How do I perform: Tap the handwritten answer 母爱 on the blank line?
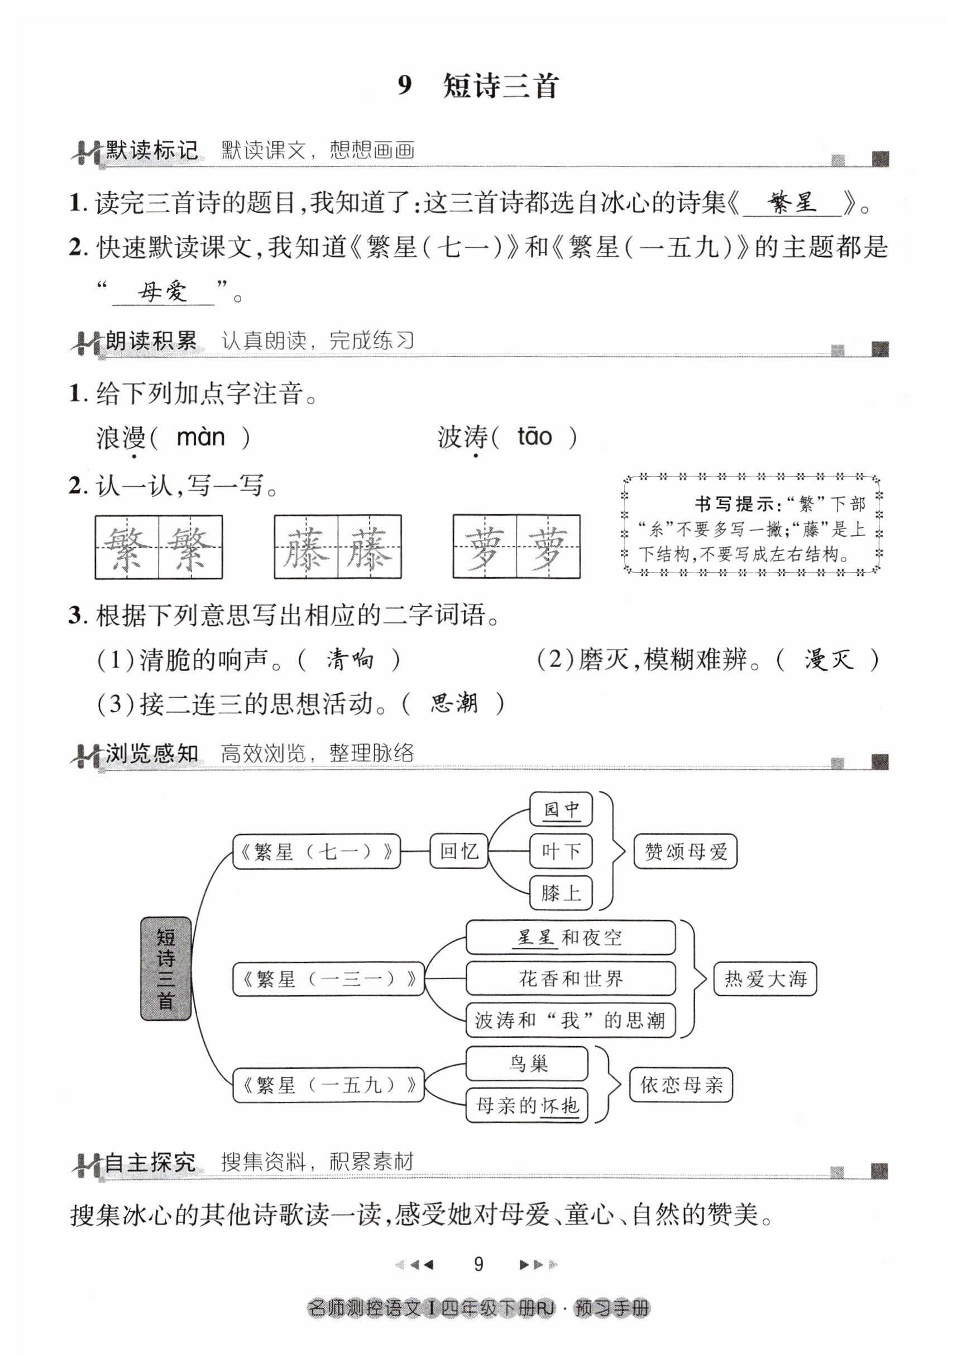coord(162,292)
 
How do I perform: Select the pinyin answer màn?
coord(201,438)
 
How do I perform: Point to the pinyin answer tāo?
coord(534,437)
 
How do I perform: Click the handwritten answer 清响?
coord(350,660)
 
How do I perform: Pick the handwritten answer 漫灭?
coord(829,660)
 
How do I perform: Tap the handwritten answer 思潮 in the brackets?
coord(454,703)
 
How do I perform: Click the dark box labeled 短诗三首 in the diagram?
coord(166,968)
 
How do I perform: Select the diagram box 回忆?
coord(459,851)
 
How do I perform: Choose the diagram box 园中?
coord(561,809)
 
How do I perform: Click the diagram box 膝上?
coord(561,893)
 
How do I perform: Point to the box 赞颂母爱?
coord(685,851)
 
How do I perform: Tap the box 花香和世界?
coord(571,978)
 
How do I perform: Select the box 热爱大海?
coord(765,978)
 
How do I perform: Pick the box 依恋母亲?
coord(681,1085)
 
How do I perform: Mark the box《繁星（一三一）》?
coord(328,979)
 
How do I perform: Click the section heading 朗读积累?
coord(151,341)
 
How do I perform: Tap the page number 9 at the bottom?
coord(478,1264)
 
